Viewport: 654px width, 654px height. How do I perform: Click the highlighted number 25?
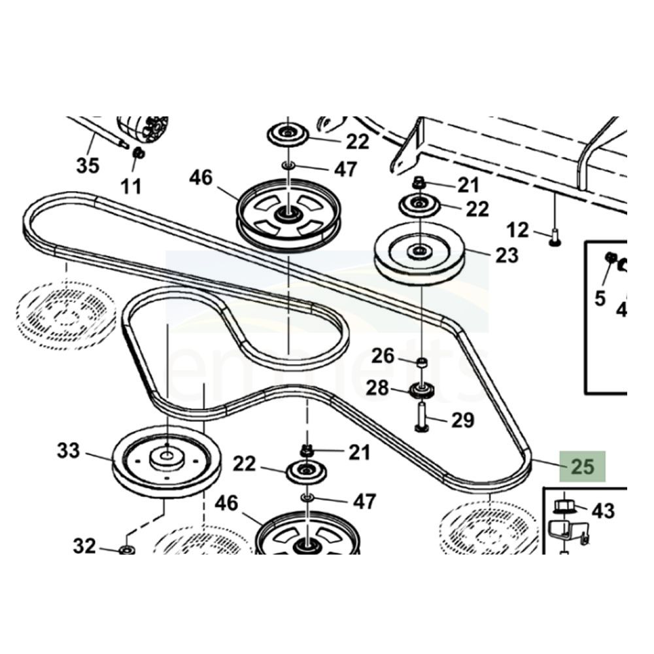583,467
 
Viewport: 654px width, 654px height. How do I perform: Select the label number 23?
506,254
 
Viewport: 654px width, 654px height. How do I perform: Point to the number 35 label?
87,165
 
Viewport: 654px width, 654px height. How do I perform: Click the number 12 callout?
517,230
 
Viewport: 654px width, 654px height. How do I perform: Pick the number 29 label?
462,420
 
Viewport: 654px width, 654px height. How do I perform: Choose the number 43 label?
603,510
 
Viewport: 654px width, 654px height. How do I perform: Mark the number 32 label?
84,545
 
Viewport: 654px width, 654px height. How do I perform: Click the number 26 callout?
383,356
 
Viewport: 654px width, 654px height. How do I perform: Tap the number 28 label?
377,388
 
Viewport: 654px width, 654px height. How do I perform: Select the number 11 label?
131,187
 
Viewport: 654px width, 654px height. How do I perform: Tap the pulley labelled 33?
167,461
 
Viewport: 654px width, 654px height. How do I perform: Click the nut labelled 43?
562,507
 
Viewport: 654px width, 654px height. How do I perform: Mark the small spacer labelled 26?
422,362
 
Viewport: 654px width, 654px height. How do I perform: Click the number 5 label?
600,298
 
